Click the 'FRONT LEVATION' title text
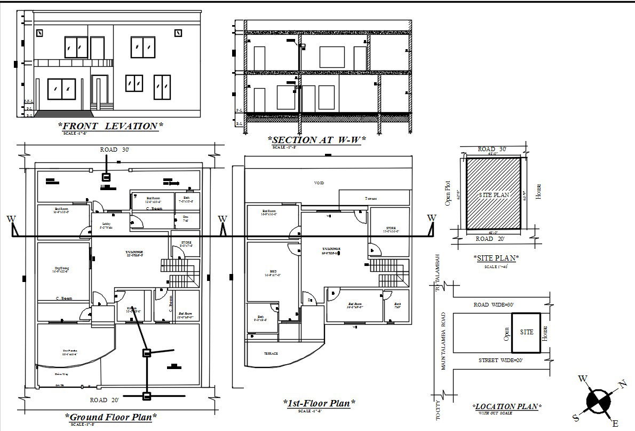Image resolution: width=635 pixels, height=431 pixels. click(110, 126)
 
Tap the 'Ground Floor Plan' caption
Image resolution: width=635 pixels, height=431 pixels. click(111, 417)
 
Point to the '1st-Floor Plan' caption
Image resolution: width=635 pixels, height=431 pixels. click(319, 403)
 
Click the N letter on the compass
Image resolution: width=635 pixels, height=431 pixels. click(622, 384)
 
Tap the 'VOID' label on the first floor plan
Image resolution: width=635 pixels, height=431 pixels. click(319, 183)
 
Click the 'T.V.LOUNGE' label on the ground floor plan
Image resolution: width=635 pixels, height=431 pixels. click(133, 252)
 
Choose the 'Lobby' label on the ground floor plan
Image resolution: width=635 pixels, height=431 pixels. click(105, 224)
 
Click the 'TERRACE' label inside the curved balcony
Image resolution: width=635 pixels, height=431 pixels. click(271, 354)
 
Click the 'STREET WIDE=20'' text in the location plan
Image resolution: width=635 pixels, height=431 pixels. click(501, 361)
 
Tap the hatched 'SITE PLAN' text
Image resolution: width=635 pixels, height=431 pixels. click(494, 195)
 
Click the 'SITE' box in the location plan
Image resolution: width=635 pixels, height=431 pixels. click(526, 332)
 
